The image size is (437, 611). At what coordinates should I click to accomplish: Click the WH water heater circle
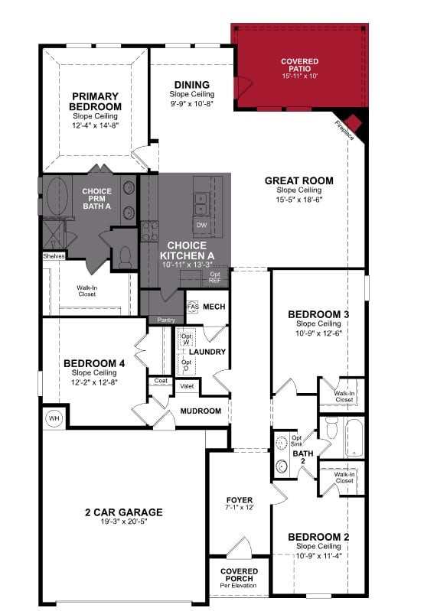pyautogui.click(x=54, y=418)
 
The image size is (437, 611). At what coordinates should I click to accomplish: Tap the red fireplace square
pyautogui.click(x=354, y=122)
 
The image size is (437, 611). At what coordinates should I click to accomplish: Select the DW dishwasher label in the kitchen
pyautogui.click(x=202, y=226)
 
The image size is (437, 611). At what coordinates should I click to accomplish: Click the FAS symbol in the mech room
pyautogui.click(x=193, y=307)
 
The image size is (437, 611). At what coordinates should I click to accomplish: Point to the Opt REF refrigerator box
pyautogui.click(x=215, y=278)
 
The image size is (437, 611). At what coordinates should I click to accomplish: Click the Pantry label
pyautogui.click(x=166, y=320)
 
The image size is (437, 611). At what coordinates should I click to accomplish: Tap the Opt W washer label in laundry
pyautogui.click(x=186, y=339)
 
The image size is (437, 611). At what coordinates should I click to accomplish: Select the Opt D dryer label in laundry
pyautogui.click(x=186, y=365)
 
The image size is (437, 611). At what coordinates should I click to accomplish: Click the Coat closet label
pyautogui.click(x=161, y=380)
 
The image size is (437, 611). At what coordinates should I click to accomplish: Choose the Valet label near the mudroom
pyautogui.click(x=187, y=386)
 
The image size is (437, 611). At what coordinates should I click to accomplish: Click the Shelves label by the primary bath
pyautogui.click(x=54, y=256)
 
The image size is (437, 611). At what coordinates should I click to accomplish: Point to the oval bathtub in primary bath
pyautogui.click(x=57, y=197)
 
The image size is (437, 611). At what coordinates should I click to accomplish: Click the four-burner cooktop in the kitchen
pyautogui.click(x=150, y=231)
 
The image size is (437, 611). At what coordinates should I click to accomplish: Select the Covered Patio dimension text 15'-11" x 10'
pyautogui.click(x=300, y=76)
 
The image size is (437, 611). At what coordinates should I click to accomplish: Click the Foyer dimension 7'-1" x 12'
pyautogui.click(x=240, y=507)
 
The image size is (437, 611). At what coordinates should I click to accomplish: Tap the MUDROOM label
pyautogui.click(x=201, y=411)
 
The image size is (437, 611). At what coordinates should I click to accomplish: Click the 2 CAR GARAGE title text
pyautogui.click(x=124, y=512)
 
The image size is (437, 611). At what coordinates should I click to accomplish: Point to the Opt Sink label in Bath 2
pyautogui.click(x=297, y=440)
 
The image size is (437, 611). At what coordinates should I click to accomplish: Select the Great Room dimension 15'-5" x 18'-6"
pyautogui.click(x=299, y=200)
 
